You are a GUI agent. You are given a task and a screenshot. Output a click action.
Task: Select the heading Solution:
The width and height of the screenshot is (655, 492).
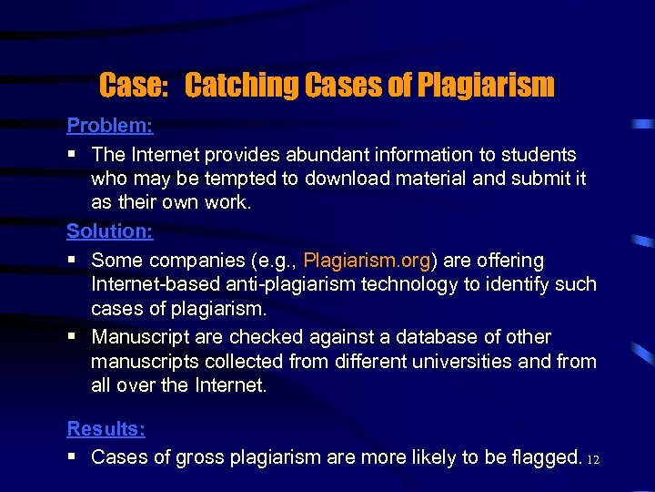[x=107, y=231]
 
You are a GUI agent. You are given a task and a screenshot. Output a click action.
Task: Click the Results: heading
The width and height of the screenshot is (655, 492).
[x=106, y=428]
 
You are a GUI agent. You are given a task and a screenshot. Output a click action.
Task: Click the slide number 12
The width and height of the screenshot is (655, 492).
[x=594, y=459]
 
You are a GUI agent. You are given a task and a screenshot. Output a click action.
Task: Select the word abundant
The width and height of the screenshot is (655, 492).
[x=343, y=155]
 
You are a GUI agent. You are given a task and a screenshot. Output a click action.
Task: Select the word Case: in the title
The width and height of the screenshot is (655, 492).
[x=134, y=86]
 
